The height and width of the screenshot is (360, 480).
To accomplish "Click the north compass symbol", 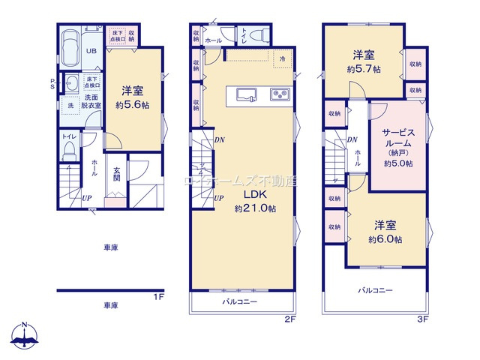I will coord(25,335).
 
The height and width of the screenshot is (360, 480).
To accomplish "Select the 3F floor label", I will coord(422,319).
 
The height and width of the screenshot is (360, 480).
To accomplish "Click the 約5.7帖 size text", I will coord(364,67).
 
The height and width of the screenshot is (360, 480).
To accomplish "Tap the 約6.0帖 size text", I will coord(385,239).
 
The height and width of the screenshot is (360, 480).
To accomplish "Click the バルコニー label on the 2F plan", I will coord(239,301).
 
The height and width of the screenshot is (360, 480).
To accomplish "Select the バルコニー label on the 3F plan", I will coord(374,289).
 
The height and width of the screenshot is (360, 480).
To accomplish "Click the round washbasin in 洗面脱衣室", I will coord(72,83).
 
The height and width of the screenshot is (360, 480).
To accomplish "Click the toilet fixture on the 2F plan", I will coord(255,34).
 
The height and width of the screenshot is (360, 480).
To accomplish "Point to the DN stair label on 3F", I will coord(351,139).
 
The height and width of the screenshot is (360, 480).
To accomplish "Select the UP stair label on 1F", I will coord(88,198).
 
